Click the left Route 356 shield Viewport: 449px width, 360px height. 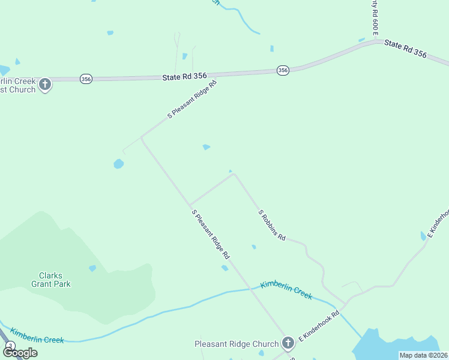(x=86, y=79)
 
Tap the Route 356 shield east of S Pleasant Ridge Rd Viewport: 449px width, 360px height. (x=283, y=70)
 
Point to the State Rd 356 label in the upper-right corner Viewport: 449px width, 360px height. (x=405, y=49)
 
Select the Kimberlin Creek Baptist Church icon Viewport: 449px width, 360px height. (x=45, y=85)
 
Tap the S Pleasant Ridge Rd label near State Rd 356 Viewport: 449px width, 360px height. (x=191, y=98)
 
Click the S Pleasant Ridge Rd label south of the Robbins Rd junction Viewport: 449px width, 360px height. (x=210, y=234)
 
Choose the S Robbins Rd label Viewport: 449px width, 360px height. (x=271, y=225)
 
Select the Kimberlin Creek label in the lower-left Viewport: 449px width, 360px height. (x=37, y=336)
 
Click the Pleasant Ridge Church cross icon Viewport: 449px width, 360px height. (x=288, y=343)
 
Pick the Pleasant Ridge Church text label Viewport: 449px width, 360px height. (x=237, y=344)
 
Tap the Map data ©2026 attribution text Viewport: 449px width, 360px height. (x=423, y=355)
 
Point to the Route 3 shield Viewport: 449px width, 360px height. (x=10, y=346)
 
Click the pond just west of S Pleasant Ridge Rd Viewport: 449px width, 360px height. (x=118, y=163)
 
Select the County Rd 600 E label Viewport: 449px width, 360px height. (x=375, y=18)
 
